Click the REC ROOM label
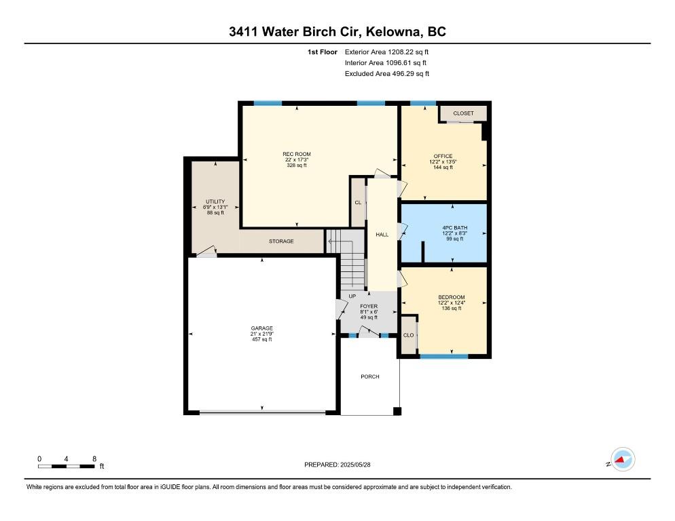[297, 154]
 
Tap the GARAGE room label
[262, 328]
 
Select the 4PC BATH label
[454, 228]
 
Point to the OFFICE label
[443, 156]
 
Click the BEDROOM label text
[452, 297]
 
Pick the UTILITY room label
[215, 201]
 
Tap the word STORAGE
[281, 242]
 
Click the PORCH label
[370, 377]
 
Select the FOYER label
[369, 307]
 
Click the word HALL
[382, 235]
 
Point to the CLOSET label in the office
[463, 113]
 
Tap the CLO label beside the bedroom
[409, 335]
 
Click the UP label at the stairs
[352, 296]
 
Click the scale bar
[67, 466]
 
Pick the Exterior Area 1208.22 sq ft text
[386, 52]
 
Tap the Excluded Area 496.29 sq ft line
[387, 73]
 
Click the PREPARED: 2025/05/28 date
[337, 465]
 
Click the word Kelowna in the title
[395, 32]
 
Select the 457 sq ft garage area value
[262, 339]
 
